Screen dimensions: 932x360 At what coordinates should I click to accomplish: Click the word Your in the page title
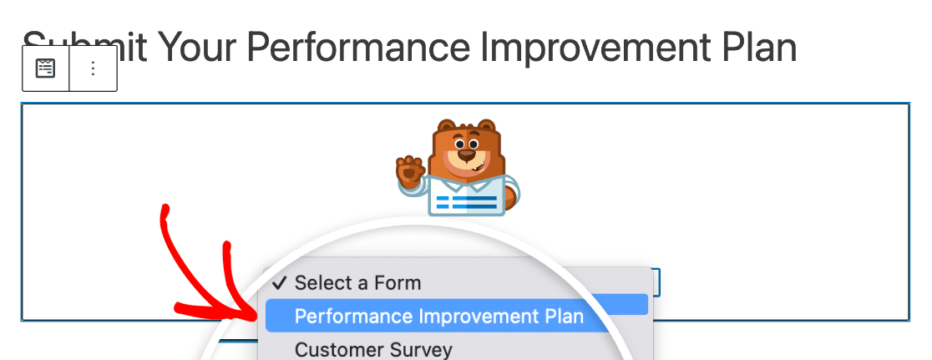(197, 47)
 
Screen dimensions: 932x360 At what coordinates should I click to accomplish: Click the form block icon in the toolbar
(46, 68)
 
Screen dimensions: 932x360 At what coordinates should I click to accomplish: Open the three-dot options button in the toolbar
(93, 68)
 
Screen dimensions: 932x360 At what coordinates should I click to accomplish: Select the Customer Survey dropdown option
(373, 349)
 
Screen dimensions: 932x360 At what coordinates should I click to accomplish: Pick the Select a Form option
(357, 283)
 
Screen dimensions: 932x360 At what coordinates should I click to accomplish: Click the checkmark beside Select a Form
(280, 283)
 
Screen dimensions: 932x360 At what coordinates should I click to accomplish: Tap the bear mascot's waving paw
(411, 170)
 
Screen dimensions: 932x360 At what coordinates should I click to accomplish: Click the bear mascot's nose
(467, 155)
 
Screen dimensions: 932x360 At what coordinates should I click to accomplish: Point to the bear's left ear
(446, 126)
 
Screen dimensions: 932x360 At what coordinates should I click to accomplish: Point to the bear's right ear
(486, 126)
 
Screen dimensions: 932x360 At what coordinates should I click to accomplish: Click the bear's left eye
(458, 144)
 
